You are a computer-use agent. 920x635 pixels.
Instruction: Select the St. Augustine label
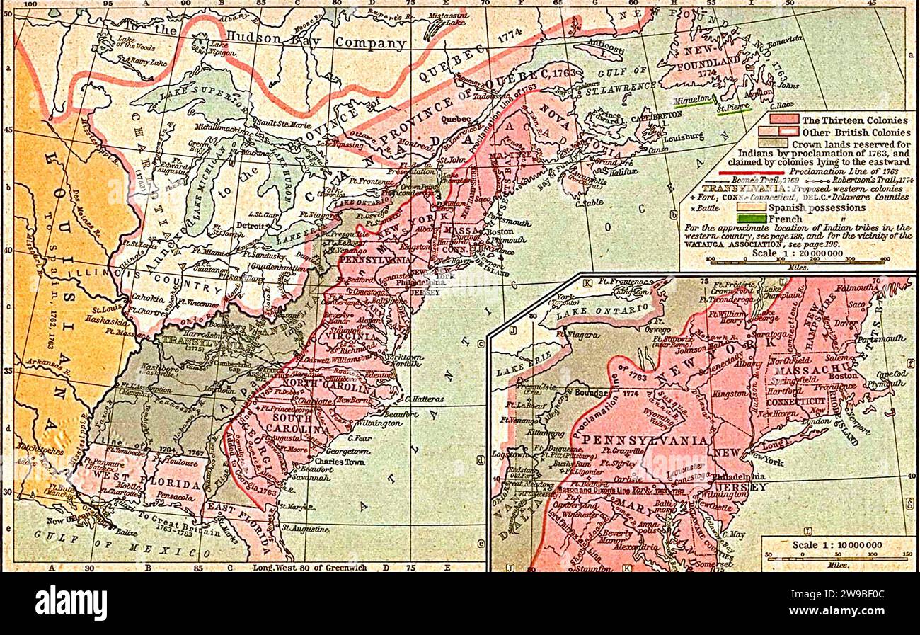305,530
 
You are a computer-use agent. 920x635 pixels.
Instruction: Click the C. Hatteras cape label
425,399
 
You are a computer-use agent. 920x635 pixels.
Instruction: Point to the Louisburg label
682,135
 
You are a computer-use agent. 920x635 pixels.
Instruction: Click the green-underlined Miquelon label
693,101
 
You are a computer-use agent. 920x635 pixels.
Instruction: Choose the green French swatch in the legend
751,219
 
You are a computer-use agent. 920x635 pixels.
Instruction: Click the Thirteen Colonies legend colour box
778,120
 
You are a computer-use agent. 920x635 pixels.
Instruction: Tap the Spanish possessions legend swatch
751,207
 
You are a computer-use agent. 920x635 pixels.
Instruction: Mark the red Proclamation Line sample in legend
752,172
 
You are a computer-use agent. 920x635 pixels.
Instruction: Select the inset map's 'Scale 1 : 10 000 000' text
837,544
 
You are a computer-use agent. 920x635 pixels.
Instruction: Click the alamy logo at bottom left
71,603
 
